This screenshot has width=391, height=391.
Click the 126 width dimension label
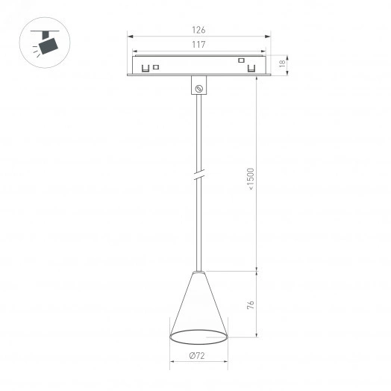click(198, 30)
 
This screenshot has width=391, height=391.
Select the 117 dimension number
click(198, 44)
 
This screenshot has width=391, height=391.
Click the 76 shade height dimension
click(251, 305)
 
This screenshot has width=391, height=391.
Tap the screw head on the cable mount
click(199, 89)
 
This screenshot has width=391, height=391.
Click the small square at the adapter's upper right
click(241, 60)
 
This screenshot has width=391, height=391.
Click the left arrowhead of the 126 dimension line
click(130, 35)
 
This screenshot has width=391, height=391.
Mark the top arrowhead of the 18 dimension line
click(282, 57)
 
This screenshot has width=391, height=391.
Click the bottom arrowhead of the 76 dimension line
click(257, 336)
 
